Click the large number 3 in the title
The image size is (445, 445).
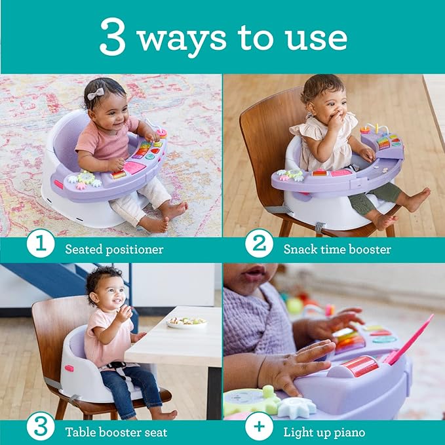click(x=113, y=37)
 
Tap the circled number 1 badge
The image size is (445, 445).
click(x=41, y=247)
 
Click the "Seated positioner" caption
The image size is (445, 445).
click(x=113, y=249)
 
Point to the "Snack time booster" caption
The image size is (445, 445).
click(x=337, y=249)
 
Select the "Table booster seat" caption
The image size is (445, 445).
click(x=116, y=432)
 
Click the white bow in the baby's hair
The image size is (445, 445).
click(x=96, y=94)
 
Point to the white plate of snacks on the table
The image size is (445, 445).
click(x=186, y=322)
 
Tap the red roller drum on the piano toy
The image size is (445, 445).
click(x=359, y=366)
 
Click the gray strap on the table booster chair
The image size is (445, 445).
click(x=53, y=383)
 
